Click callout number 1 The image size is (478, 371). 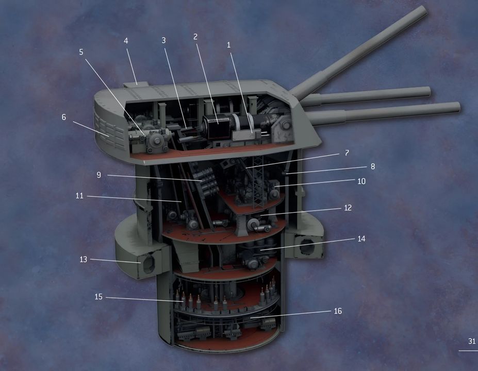tap(229, 45)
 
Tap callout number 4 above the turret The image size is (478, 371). tap(126, 41)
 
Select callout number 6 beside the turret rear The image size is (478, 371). tap(64, 117)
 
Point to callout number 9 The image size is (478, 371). tap(99, 175)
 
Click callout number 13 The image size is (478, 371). tap(83, 259)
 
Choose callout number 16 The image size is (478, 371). tap(338, 311)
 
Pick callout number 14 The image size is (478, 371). tap(361, 239)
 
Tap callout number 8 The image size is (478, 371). tap(372, 166)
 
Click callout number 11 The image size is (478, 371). tap(79, 196)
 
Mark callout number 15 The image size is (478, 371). tap(98, 297)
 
